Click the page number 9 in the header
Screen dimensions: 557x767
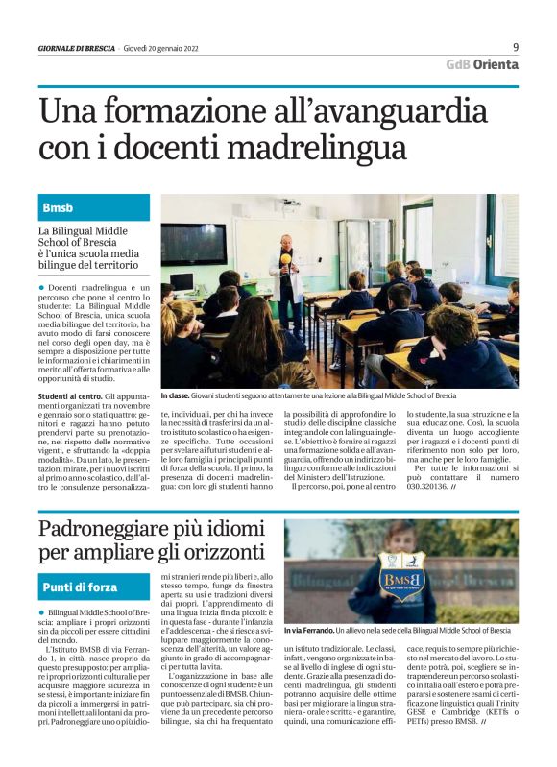(x=516, y=46)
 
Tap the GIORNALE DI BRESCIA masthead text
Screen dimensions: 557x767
(x=77, y=48)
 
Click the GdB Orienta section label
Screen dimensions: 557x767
(x=482, y=64)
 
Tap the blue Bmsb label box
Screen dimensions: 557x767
(x=94, y=207)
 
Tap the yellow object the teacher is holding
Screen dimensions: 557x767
(x=284, y=258)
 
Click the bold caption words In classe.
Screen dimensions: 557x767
(x=176, y=395)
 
